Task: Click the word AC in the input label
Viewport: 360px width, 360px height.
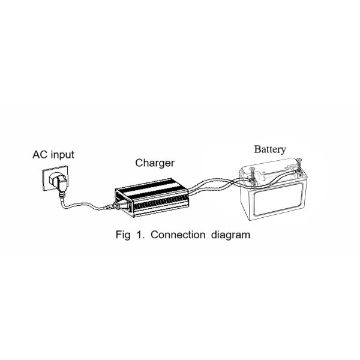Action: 39,155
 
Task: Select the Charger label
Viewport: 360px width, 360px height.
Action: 155,163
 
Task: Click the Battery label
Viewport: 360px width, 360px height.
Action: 270,149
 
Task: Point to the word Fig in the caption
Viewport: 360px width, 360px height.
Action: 123,235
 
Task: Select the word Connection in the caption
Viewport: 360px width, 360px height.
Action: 178,235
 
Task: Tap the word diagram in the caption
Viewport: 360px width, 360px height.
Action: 230,235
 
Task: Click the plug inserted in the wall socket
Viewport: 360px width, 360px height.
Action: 58,182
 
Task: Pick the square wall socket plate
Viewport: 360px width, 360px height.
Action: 55,178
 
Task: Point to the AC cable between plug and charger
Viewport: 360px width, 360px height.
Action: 83,204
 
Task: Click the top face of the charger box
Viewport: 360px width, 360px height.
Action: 152,188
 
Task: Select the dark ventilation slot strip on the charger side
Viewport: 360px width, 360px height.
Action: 161,202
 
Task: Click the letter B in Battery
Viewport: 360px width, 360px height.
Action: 257,149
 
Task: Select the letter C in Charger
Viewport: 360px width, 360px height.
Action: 139,163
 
